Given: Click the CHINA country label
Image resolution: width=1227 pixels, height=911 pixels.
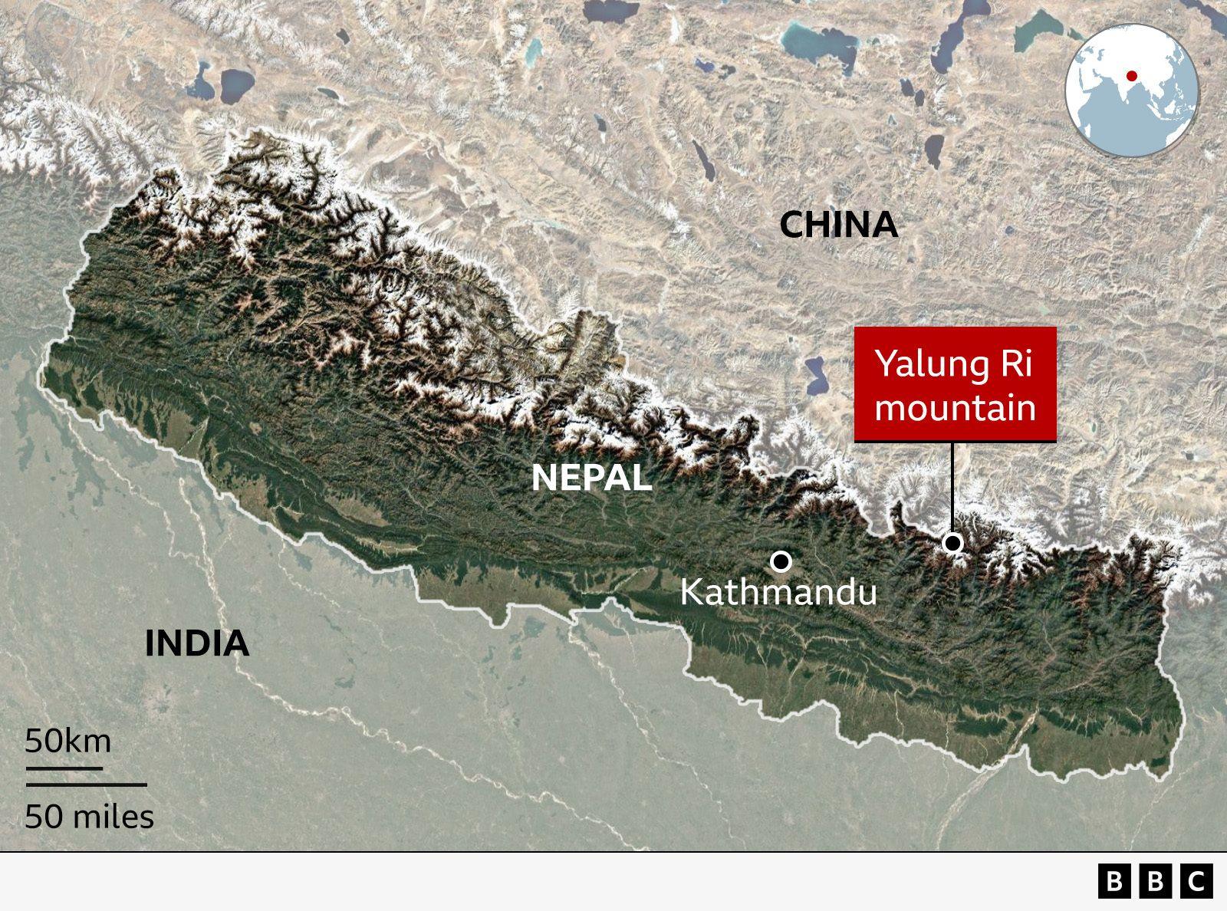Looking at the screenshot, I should pyautogui.click(x=838, y=225).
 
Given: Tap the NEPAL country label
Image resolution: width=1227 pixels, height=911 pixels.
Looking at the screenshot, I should pyautogui.click(x=591, y=478).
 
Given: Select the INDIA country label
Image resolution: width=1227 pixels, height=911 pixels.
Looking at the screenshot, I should pyautogui.click(x=197, y=643).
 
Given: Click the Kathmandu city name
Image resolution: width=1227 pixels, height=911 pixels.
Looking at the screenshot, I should pyautogui.click(x=778, y=593).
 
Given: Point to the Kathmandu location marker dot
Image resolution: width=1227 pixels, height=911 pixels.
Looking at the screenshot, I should pyautogui.click(x=781, y=562).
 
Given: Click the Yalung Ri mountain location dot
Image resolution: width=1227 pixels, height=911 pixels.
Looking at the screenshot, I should pyautogui.click(x=952, y=543).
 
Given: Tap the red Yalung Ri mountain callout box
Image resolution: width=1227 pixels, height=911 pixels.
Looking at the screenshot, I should pyautogui.click(x=955, y=383).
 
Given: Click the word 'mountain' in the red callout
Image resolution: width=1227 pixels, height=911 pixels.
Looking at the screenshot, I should pyautogui.click(x=955, y=407).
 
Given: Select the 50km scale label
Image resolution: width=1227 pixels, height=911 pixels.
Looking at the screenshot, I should pyautogui.click(x=68, y=742).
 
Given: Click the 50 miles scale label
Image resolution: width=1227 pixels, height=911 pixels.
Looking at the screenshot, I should pyautogui.click(x=89, y=817).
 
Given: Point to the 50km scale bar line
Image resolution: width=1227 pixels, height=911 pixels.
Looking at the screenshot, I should pyautogui.click(x=64, y=767).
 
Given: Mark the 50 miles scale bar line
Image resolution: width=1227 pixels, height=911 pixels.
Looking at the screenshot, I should pyautogui.click(x=86, y=784).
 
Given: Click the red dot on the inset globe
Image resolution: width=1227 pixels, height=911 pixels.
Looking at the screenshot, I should pyautogui.click(x=1131, y=76).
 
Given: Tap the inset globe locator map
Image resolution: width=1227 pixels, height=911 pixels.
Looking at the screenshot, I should pyautogui.click(x=1131, y=90).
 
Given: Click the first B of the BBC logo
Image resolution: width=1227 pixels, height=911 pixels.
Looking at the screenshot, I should pyautogui.click(x=1114, y=881).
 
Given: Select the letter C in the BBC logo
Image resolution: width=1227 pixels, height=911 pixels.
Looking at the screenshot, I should pyautogui.click(x=1196, y=881).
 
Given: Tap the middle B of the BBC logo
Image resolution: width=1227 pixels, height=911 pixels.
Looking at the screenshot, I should pyautogui.click(x=1155, y=881).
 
